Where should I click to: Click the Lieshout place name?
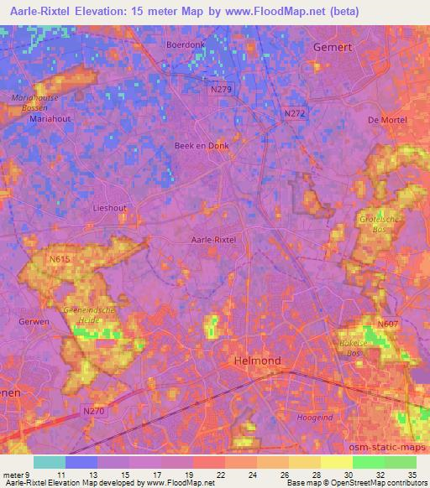click(109, 206)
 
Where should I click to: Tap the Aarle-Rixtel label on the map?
click(214, 240)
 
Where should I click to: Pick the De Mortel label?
click(387, 121)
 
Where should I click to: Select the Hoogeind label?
click(315, 417)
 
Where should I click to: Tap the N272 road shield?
click(295, 113)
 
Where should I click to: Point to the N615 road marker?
click(60, 261)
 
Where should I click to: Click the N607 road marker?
click(387, 324)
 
